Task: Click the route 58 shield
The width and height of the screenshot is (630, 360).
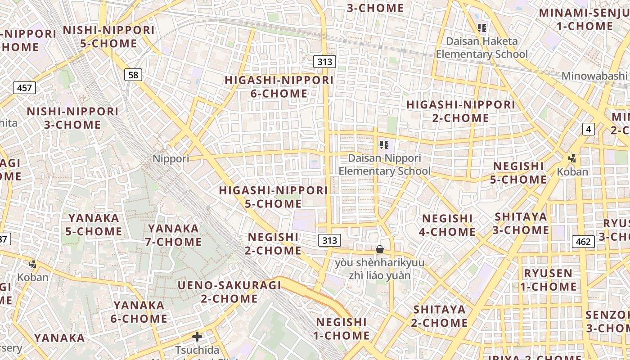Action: click(x=133, y=75)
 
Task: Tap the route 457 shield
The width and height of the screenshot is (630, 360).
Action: click(x=24, y=87)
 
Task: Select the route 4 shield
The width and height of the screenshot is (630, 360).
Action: click(x=589, y=130)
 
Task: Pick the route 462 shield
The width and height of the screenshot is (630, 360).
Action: click(x=583, y=242)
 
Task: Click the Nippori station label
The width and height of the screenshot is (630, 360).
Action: click(x=171, y=158)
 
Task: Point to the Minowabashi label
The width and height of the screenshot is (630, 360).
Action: click(x=594, y=76)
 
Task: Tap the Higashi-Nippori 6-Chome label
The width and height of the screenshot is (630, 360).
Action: click(x=279, y=87)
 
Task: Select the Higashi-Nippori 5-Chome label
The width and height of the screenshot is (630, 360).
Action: click(x=274, y=197)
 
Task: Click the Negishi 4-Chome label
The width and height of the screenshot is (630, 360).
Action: click(x=447, y=225)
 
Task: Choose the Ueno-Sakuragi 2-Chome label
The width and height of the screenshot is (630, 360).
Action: click(x=229, y=292)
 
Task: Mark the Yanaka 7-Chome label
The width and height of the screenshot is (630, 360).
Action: click(x=173, y=235)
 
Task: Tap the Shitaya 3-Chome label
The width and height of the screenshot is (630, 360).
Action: click(x=521, y=223)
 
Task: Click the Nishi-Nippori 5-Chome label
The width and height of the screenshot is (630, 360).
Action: click(x=108, y=37)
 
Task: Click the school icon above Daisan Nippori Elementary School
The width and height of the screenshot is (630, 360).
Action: click(x=384, y=145)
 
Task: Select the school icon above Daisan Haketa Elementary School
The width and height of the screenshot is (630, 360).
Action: click(x=482, y=28)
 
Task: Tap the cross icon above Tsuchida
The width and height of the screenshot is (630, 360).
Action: click(x=197, y=337)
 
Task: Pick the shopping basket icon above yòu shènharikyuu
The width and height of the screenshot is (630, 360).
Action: click(x=380, y=249)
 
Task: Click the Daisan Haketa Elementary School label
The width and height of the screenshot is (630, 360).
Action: click(x=482, y=48)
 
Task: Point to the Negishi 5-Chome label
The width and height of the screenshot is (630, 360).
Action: click(x=519, y=173)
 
